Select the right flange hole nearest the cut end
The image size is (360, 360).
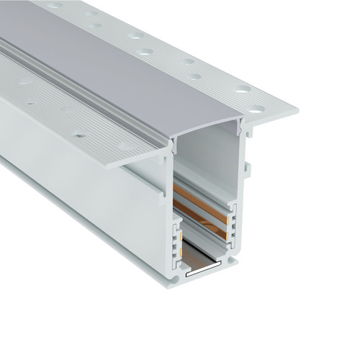pyautogui.click(x=257, y=109)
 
